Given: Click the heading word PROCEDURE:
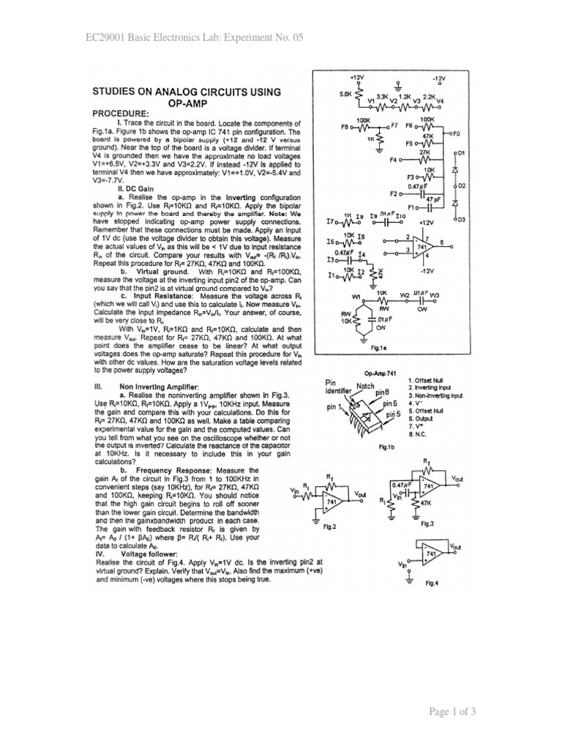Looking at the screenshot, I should click(119, 114).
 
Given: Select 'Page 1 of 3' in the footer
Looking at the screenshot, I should click(510, 711).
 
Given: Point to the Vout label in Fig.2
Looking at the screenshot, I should click(360, 494).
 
